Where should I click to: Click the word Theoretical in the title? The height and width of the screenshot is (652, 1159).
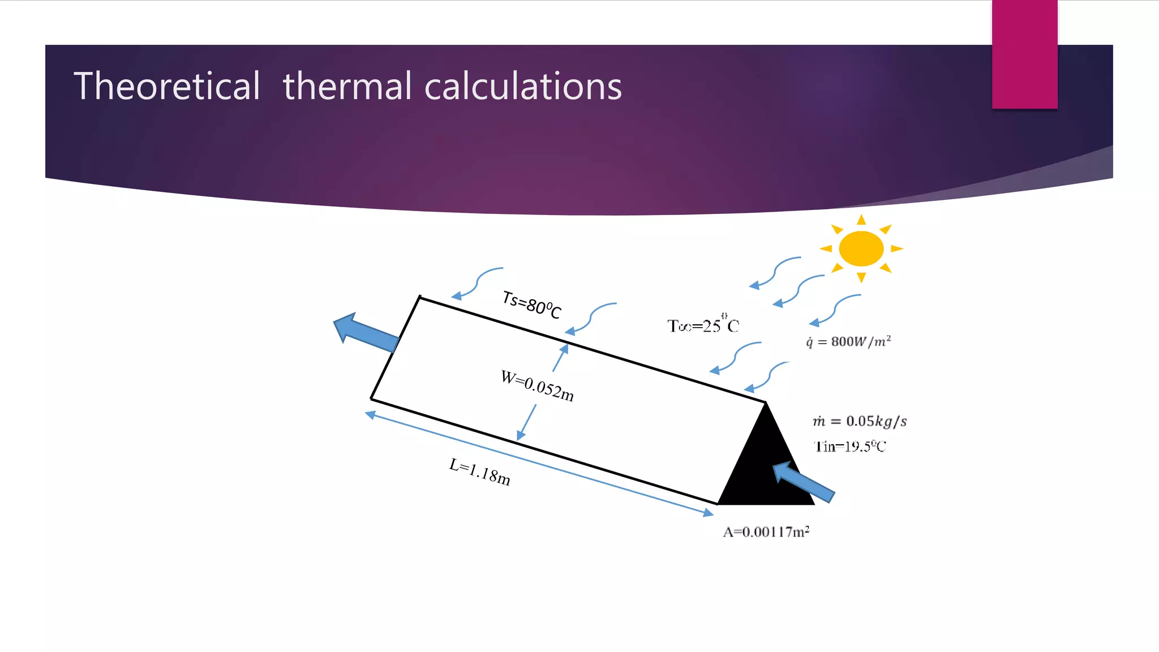click(x=167, y=87)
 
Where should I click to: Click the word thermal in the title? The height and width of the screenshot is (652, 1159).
click(x=347, y=87)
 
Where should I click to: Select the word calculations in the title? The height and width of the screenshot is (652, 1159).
click(x=523, y=87)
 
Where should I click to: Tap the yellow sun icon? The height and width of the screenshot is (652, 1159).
click(x=861, y=248)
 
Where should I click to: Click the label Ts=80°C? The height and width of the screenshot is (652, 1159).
click(x=531, y=305)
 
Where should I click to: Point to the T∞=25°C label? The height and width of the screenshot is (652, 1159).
click(x=703, y=325)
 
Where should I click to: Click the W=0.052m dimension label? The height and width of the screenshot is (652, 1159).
click(x=537, y=386)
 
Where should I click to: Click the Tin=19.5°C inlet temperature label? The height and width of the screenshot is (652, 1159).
click(x=849, y=447)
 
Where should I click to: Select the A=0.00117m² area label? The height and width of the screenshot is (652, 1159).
click(x=766, y=531)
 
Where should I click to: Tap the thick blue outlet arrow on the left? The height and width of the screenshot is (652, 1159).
click(x=366, y=332)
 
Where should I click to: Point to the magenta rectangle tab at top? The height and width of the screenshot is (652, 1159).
click(x=1024, y=54)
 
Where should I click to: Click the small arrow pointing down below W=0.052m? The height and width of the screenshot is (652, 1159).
click(x=526, y=422)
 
